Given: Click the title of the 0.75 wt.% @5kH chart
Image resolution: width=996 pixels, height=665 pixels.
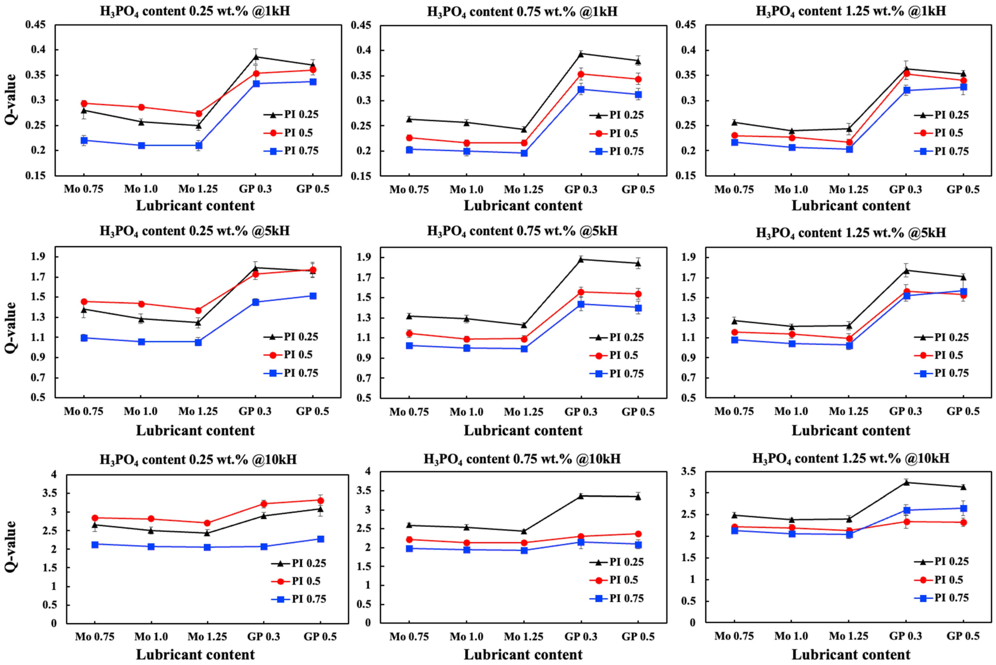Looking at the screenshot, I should pos(522,231).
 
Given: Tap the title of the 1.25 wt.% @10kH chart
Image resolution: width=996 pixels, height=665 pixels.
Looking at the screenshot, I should pos(851,459).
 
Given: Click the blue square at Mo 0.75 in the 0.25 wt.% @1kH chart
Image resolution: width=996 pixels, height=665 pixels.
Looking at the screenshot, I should pos(84,140).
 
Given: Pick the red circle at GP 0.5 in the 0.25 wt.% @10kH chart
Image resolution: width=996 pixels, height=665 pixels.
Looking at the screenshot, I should pos(321,501).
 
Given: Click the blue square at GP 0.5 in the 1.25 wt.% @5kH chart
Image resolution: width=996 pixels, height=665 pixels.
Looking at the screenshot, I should pos(963,291).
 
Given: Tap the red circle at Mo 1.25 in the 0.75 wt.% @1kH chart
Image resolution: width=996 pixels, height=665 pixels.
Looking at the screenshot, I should pos(524,143).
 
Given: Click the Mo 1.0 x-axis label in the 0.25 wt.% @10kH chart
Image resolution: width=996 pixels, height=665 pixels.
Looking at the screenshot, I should pos(151,637).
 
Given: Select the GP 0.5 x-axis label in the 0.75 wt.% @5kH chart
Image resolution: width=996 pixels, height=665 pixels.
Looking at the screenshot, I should pos(638,412).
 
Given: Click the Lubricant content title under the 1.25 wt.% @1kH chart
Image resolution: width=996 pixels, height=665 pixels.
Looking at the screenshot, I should pos(851,206).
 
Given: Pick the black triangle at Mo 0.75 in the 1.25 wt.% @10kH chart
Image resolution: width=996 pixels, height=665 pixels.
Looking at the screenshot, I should pos(734,515).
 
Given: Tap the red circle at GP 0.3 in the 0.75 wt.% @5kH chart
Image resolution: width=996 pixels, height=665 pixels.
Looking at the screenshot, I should pos(581,292).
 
